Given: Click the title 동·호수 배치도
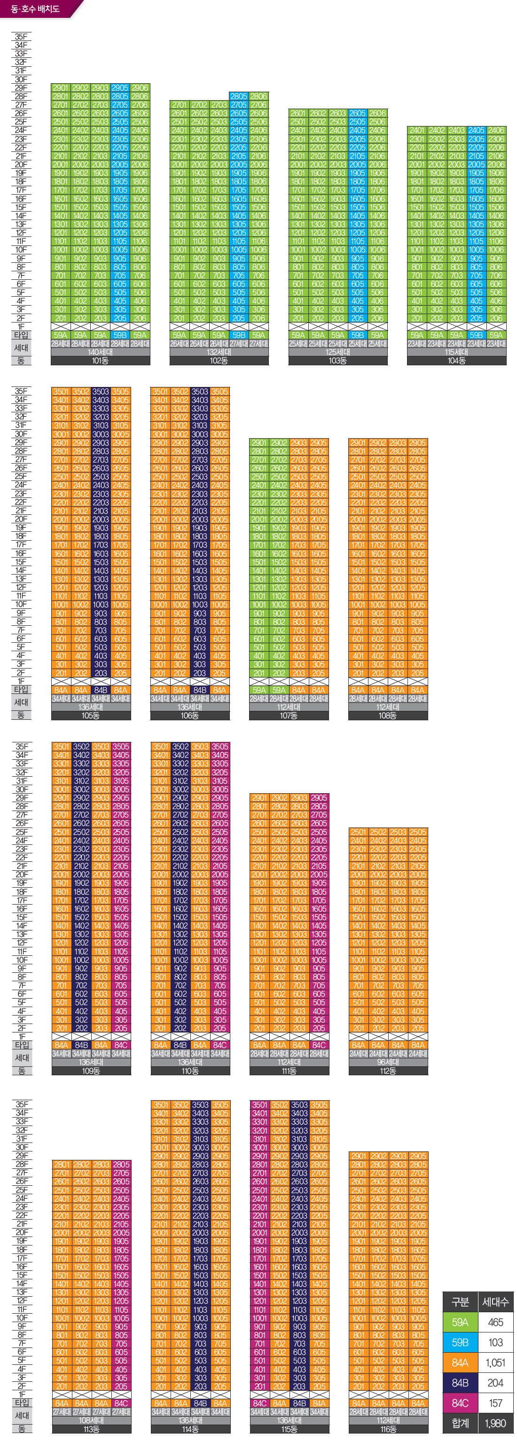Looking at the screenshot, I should (x=35, y=9).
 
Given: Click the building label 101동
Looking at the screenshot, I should (x=100, y=361).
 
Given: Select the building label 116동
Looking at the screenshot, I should (x=388, y=1429).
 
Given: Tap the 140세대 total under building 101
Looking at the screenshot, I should (x=100, y=352).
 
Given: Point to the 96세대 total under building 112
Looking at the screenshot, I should (x=388, y=1062).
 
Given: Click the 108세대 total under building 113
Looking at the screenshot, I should (x=91, y=1420).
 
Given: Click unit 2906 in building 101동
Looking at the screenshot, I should (x=140, y=88).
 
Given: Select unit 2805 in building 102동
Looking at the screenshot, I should (x=239, y=96).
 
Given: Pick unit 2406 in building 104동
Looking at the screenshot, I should (x=496, y=130).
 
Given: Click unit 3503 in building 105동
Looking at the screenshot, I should (x=101, y=392).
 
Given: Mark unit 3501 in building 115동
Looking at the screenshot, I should (x=259, y=1104).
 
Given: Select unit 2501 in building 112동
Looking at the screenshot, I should (x=359, y=832).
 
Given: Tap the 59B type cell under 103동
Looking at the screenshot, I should (x=358, y=335).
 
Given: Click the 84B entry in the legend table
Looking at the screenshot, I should (x=460, y=1383).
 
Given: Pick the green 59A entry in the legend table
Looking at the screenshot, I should (x=460, y=1322).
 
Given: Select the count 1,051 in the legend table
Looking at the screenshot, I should (x=495, y=1363).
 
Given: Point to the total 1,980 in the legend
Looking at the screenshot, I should (x=495, y=1423).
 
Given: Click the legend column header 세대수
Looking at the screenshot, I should (x=495, y=1302).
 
